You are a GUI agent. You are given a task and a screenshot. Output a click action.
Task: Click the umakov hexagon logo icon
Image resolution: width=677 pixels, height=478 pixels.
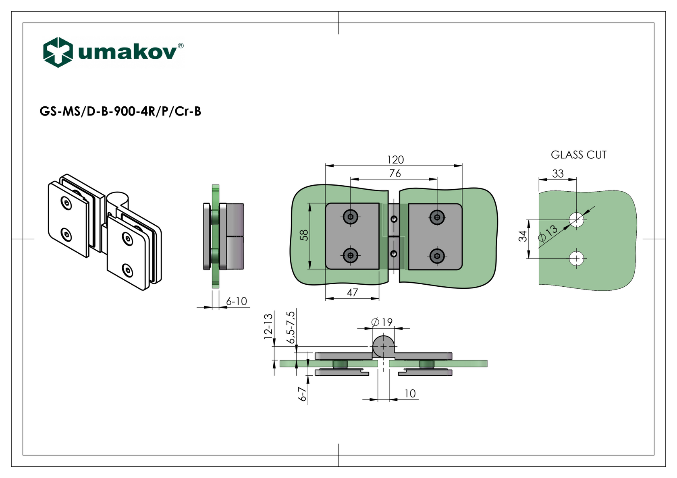click(x=58, y=52)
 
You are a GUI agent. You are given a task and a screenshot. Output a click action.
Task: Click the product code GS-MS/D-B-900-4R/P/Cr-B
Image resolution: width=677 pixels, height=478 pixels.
click(x=120, y=112)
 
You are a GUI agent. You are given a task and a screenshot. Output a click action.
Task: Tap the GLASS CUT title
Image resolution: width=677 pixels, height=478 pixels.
click(x=578, y=155)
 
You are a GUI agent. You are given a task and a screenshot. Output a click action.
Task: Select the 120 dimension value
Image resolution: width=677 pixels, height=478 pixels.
click(x=395, y=160)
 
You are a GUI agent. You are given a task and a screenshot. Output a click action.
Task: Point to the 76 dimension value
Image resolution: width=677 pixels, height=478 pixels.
click(x=395, y=174)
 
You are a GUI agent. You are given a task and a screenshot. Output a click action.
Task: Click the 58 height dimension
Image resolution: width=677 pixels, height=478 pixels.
click(x=304, y=235)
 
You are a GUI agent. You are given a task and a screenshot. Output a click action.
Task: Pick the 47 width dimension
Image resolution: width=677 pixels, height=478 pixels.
click(x=352, y=293)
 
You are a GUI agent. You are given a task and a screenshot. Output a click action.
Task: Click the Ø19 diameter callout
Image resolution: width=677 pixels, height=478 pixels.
click(x=382, y=322)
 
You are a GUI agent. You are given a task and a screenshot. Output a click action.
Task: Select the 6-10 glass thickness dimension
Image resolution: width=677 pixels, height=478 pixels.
click(x=237, y=301)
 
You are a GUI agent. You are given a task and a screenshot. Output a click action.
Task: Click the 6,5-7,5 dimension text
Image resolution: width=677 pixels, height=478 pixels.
click(x=291, y=327)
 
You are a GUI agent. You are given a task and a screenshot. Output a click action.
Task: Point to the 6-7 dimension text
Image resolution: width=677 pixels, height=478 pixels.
click(x=302, y=394)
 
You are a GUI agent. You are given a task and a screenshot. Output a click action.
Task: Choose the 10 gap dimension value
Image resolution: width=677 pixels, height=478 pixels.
click(x=410, y=394)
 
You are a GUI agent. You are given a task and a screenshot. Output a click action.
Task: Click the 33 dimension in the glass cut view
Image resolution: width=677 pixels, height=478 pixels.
click(x=558, y=174)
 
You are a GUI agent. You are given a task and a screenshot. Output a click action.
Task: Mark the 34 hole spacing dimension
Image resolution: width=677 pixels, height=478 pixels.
click(x=523, y=236)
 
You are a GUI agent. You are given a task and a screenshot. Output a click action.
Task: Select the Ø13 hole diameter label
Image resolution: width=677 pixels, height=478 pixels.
click(x=548, y=233)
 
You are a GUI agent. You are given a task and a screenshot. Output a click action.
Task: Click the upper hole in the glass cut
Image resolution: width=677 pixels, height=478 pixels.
click(x=577, y=220)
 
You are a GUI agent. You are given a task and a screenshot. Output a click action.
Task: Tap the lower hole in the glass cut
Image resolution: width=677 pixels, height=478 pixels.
click(x=577, y=259)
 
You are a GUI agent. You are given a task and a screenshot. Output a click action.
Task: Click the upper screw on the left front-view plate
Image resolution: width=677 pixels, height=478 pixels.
click(x=351, y=217)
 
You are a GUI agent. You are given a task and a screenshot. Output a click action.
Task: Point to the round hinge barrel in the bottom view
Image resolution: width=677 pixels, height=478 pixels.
click(x=383, y=346)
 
